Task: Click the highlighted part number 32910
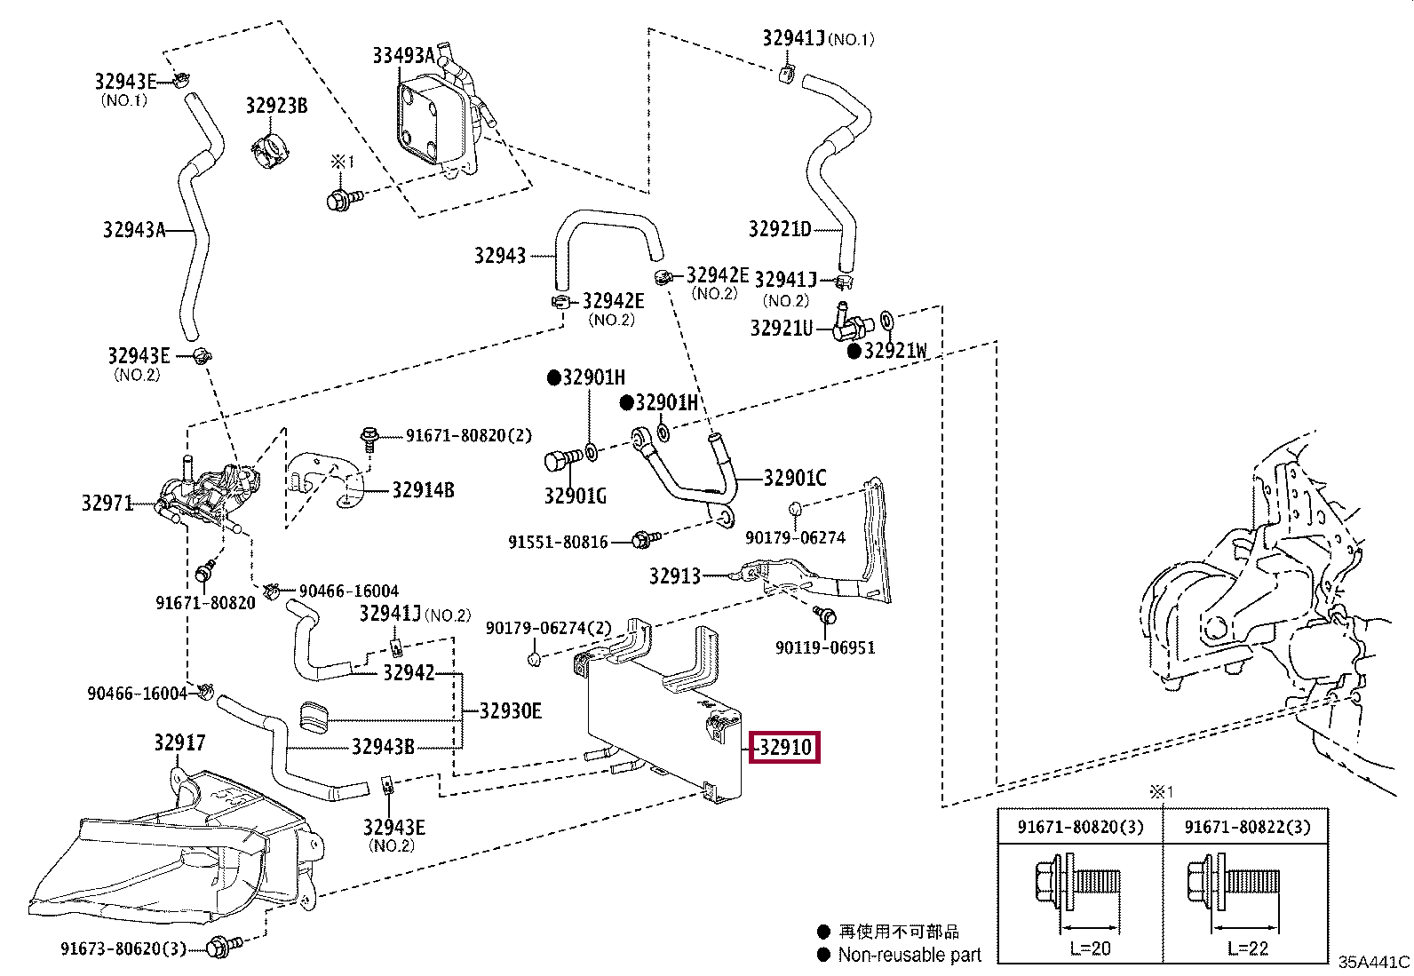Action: (784, 748)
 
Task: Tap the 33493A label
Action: (403, 56)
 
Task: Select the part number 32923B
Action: (276, 106)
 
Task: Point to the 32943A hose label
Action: (134, 229)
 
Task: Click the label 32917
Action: (180, 742)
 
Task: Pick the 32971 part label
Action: (107, 504)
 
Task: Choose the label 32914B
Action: (423, 490)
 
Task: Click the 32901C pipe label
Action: (795, 478)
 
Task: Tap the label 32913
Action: (675, 575)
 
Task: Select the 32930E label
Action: (510, 710)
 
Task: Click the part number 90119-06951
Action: (825, 647)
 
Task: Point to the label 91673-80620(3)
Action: (123, 948)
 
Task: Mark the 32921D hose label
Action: (780, 228)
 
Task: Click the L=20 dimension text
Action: (1090, 948)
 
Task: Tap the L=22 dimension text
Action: (1247, 948)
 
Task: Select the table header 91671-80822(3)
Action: (1247, 827)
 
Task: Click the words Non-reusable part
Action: (910, 956)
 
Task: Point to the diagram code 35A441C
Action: (1374, 962)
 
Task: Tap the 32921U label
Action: (782, 329)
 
